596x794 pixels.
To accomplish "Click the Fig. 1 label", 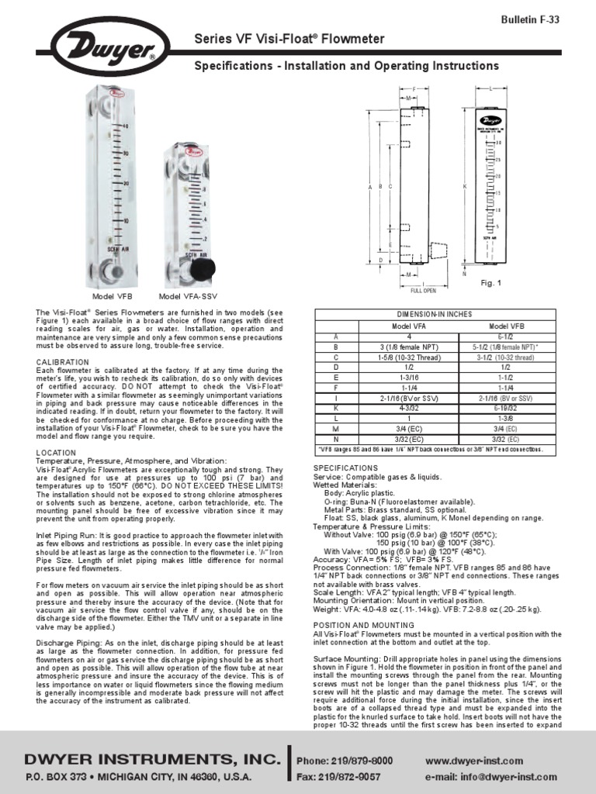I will [x=492, y=284].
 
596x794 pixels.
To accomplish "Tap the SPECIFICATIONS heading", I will [x=345, y=468].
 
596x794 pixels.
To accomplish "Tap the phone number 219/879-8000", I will [x=366, y=761].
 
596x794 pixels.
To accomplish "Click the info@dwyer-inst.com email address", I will [x=492, y=776].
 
